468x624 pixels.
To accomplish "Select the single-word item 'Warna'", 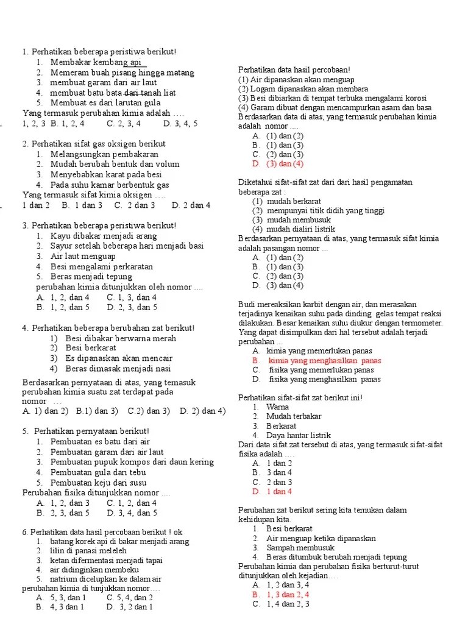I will pyautogui.click(x=278, y=407).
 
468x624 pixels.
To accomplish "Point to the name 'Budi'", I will pyautogui.click(x=247, y=304).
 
